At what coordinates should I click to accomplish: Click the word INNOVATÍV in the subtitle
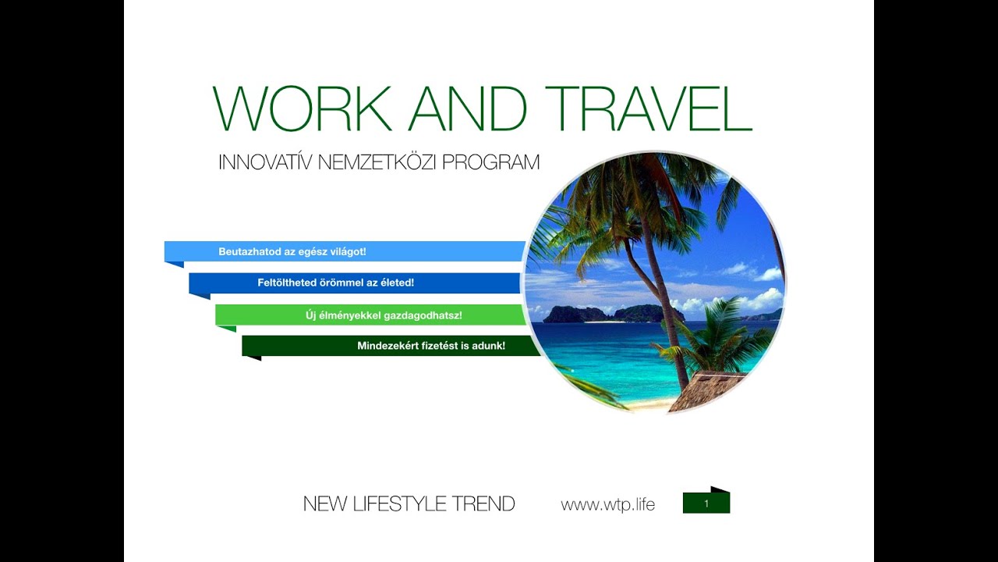(266, 162)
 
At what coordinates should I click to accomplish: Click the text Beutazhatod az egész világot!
(292, 251)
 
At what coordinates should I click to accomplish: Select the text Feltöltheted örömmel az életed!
(335, 283)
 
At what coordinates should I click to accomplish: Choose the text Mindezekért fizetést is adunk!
(431, 345)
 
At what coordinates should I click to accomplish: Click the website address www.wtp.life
(607, 504)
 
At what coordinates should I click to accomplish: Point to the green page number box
(706, 503)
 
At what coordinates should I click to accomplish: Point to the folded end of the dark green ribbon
(251, 357)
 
